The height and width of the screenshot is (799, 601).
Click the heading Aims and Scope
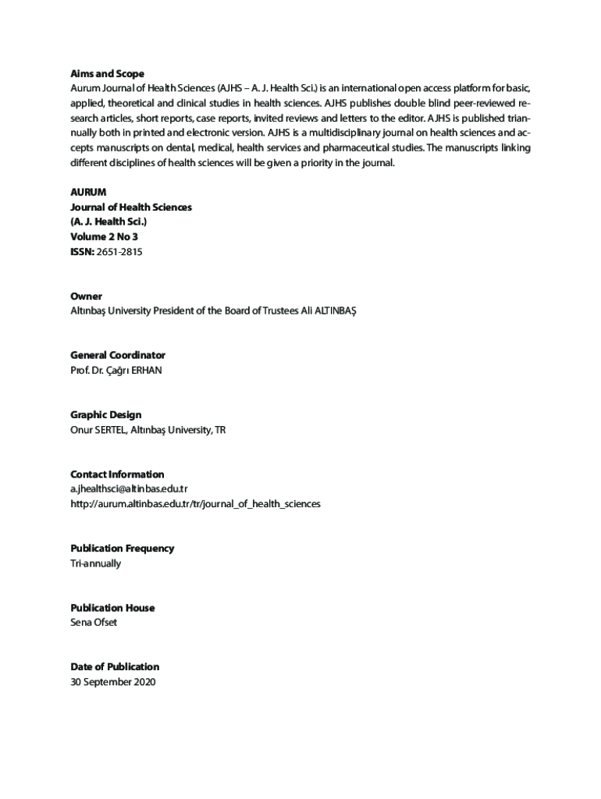point(107,74)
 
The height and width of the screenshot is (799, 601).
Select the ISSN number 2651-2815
point(120,252)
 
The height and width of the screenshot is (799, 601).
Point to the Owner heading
point(86,297)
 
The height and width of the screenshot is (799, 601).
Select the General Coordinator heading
point(118,356)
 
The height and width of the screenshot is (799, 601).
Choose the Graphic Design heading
point(106,415)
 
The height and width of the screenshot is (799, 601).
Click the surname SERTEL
point(110,430)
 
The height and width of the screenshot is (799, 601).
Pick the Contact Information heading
point(117,474)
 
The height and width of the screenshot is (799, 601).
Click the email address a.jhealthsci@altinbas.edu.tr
point(129,489)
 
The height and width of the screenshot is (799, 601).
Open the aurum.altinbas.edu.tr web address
point(195,504)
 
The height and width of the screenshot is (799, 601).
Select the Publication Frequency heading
point(122,549)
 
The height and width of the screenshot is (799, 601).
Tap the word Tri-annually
point(95,563)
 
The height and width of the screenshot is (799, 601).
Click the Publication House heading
point(112,608)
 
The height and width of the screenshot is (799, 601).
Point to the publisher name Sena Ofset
point(94,623)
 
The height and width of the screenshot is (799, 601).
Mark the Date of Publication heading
point(115,667)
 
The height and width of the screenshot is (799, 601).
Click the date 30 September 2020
point(113,682)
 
